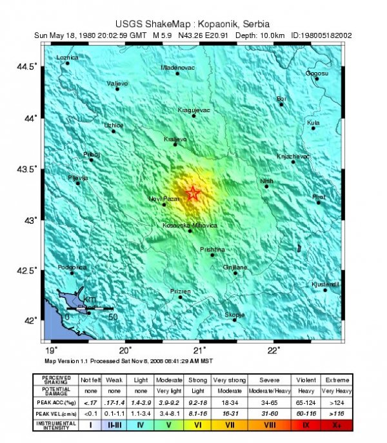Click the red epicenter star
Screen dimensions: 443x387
(x=192, y=193)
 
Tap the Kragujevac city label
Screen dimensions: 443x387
(x=194, y=110)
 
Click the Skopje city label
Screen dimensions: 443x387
(x=234, y=315)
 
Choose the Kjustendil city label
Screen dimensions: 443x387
(x=325, y=284)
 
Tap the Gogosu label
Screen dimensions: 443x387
(x=317, y=73)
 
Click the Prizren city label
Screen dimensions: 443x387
(x=181, y=291)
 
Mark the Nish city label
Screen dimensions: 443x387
(x=266, y=181)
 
